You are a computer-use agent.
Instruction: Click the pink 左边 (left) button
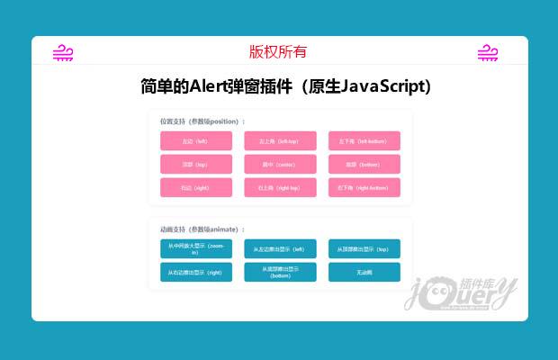coord(195,140)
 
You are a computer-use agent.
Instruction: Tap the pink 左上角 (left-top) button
coord(280,140)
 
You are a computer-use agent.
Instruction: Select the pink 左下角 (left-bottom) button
coord(364,140)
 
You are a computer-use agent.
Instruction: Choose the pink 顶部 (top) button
coord(195,164)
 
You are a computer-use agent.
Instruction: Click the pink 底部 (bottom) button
coord(364,164)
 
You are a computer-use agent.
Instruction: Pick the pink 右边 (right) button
coord(195,187)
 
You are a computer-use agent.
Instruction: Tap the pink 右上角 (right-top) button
coord(280,187)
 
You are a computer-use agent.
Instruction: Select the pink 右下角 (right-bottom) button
coord(364,187)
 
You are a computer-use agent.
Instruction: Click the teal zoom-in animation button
coord(195,248)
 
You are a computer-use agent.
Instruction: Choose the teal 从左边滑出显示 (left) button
coord(280,248)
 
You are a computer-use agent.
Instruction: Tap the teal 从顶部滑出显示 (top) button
coord(364,248)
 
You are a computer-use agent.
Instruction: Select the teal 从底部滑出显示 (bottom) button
coord(280,272)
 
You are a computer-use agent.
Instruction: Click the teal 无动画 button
coord(364,272)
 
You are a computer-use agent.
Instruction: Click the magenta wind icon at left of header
coord(63,53)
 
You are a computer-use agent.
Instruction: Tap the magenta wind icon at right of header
coord(488,53)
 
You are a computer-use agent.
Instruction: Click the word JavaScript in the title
coord(381,86)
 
